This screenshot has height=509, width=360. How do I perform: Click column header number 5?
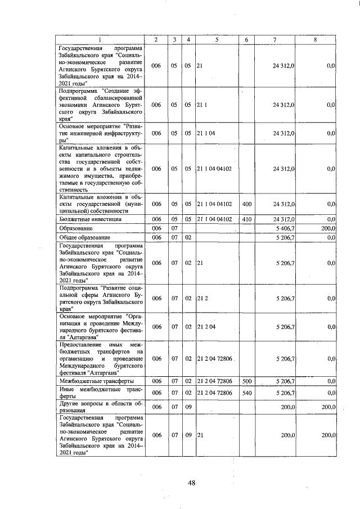[216, 39]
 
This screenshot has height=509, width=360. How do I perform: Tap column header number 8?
[316, 39]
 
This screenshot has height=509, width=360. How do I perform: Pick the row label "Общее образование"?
[83, 237]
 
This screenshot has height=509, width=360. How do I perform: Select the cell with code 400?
[246, 204]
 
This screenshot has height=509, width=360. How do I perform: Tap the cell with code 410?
[246, 219]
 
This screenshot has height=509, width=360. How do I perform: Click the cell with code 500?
[246, 381]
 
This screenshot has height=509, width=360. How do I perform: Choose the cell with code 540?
[246, 392]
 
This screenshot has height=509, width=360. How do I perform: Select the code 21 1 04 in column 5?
[206, 133]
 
